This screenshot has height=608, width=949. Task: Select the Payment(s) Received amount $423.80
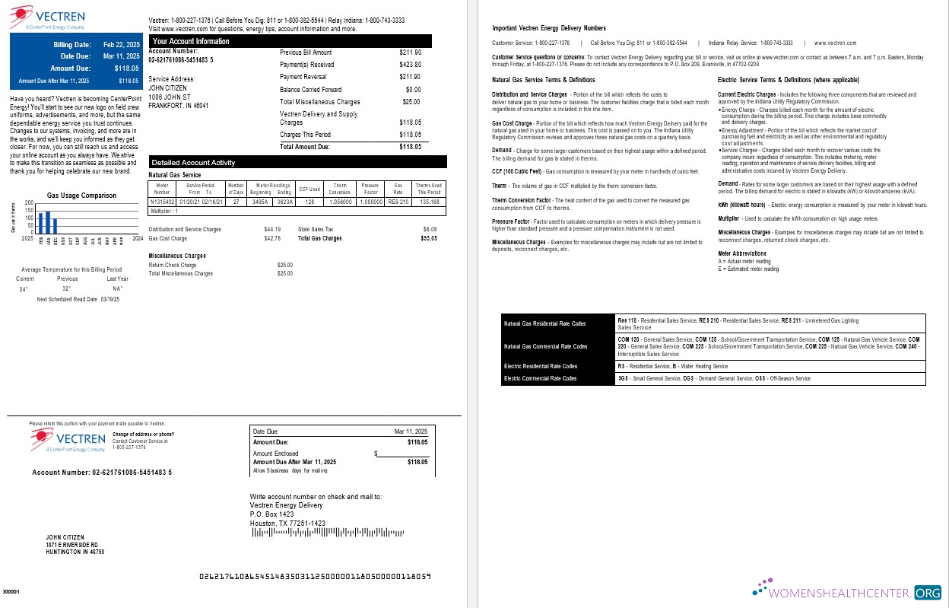[x=410, y=65]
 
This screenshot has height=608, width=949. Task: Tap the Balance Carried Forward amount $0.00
[x=413, y=89]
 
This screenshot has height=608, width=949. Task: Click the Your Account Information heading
[x=191, y=41]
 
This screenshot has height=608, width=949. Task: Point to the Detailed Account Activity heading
[x=193, y=162]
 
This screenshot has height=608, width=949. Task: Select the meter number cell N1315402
[x=162, y=202]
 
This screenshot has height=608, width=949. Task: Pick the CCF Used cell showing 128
[x=309, y=202]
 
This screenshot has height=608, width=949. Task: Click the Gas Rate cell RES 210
[x=398, y=202]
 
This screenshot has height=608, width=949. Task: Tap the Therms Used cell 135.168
[x=430, y=202]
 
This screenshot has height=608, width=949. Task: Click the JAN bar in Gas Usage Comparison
[x=48, y=222]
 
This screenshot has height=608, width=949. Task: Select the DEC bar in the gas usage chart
[x=55, y=226]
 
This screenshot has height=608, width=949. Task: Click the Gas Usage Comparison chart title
[x=81, y=196]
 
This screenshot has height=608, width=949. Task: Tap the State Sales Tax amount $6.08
[x=430, y=229]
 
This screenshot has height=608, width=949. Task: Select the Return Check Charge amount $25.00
[x=284, y=265]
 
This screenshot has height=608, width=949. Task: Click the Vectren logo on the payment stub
[x=68, y=440]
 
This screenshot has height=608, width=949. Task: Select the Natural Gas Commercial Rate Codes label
[x=546, y=347]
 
